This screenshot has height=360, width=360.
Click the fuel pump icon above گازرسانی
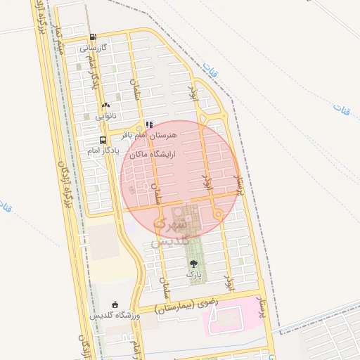tap(93, 37)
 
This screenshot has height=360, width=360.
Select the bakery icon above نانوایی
tap(105, 105)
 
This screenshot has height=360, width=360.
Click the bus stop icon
tap(103, 139)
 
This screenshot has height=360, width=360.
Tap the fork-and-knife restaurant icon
tap(148, 124)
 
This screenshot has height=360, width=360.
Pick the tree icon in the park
tap(194, 263)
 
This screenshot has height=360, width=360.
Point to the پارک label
tap(194, 274)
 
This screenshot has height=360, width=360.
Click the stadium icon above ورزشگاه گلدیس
tap(115, 304)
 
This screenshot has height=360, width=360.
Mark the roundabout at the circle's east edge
tap(219, 212)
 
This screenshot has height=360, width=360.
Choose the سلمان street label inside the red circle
tap(157, 191)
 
